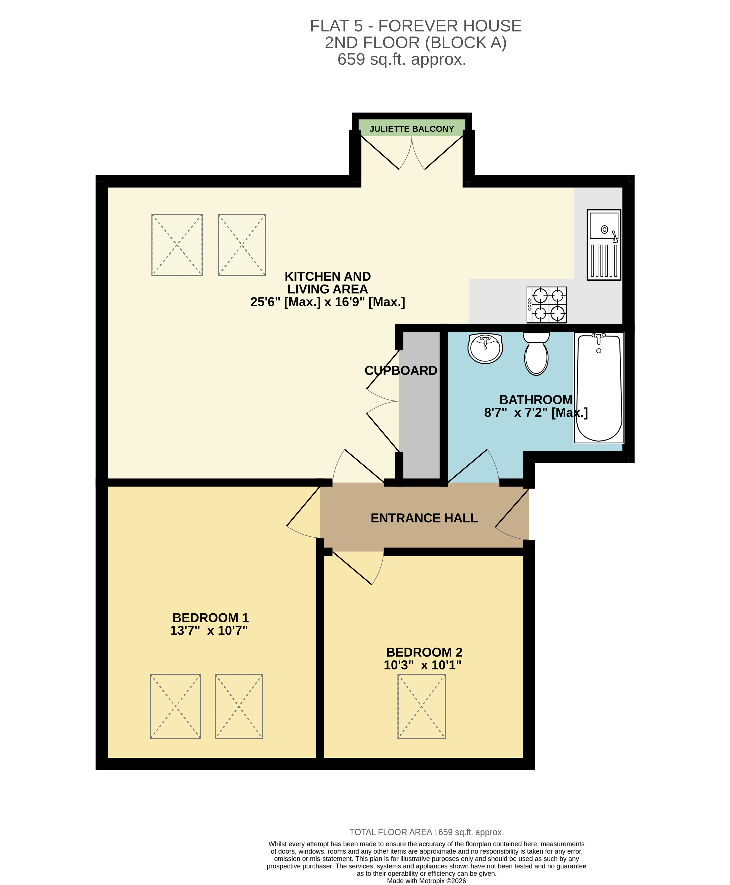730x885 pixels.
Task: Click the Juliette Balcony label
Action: (411, 129)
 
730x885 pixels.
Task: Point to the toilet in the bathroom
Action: (536, 354)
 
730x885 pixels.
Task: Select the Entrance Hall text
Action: (424, 518)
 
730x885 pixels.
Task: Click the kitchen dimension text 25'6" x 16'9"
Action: (328, 302)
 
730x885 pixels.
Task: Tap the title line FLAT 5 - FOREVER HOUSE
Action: (416, 26)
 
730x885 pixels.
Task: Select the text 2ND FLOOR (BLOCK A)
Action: (416, 43)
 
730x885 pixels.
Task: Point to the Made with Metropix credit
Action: (426, 881)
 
